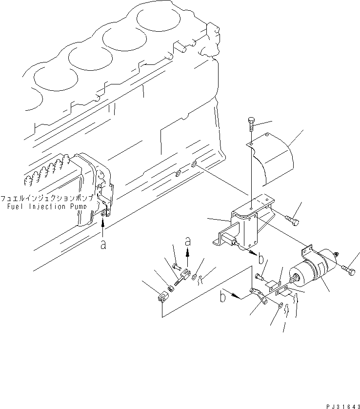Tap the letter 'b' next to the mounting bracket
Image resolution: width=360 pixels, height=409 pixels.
[261, 258]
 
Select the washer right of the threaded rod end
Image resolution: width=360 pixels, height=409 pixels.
[195, 278]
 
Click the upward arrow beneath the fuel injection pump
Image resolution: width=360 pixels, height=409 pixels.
[103, 227]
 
